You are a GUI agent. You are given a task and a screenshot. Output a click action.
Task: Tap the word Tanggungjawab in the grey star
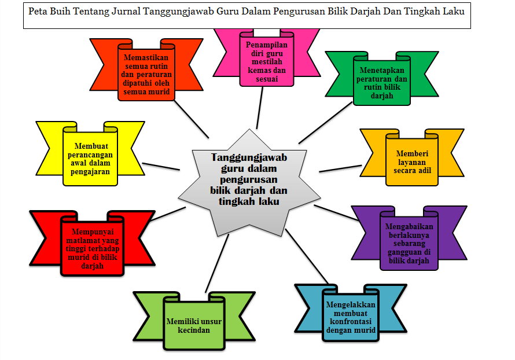(x=249, y=157)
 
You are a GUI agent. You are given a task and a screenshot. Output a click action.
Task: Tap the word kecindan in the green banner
(x=194, y=330)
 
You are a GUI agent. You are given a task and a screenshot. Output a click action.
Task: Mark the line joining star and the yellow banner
(x=161, y=166)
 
